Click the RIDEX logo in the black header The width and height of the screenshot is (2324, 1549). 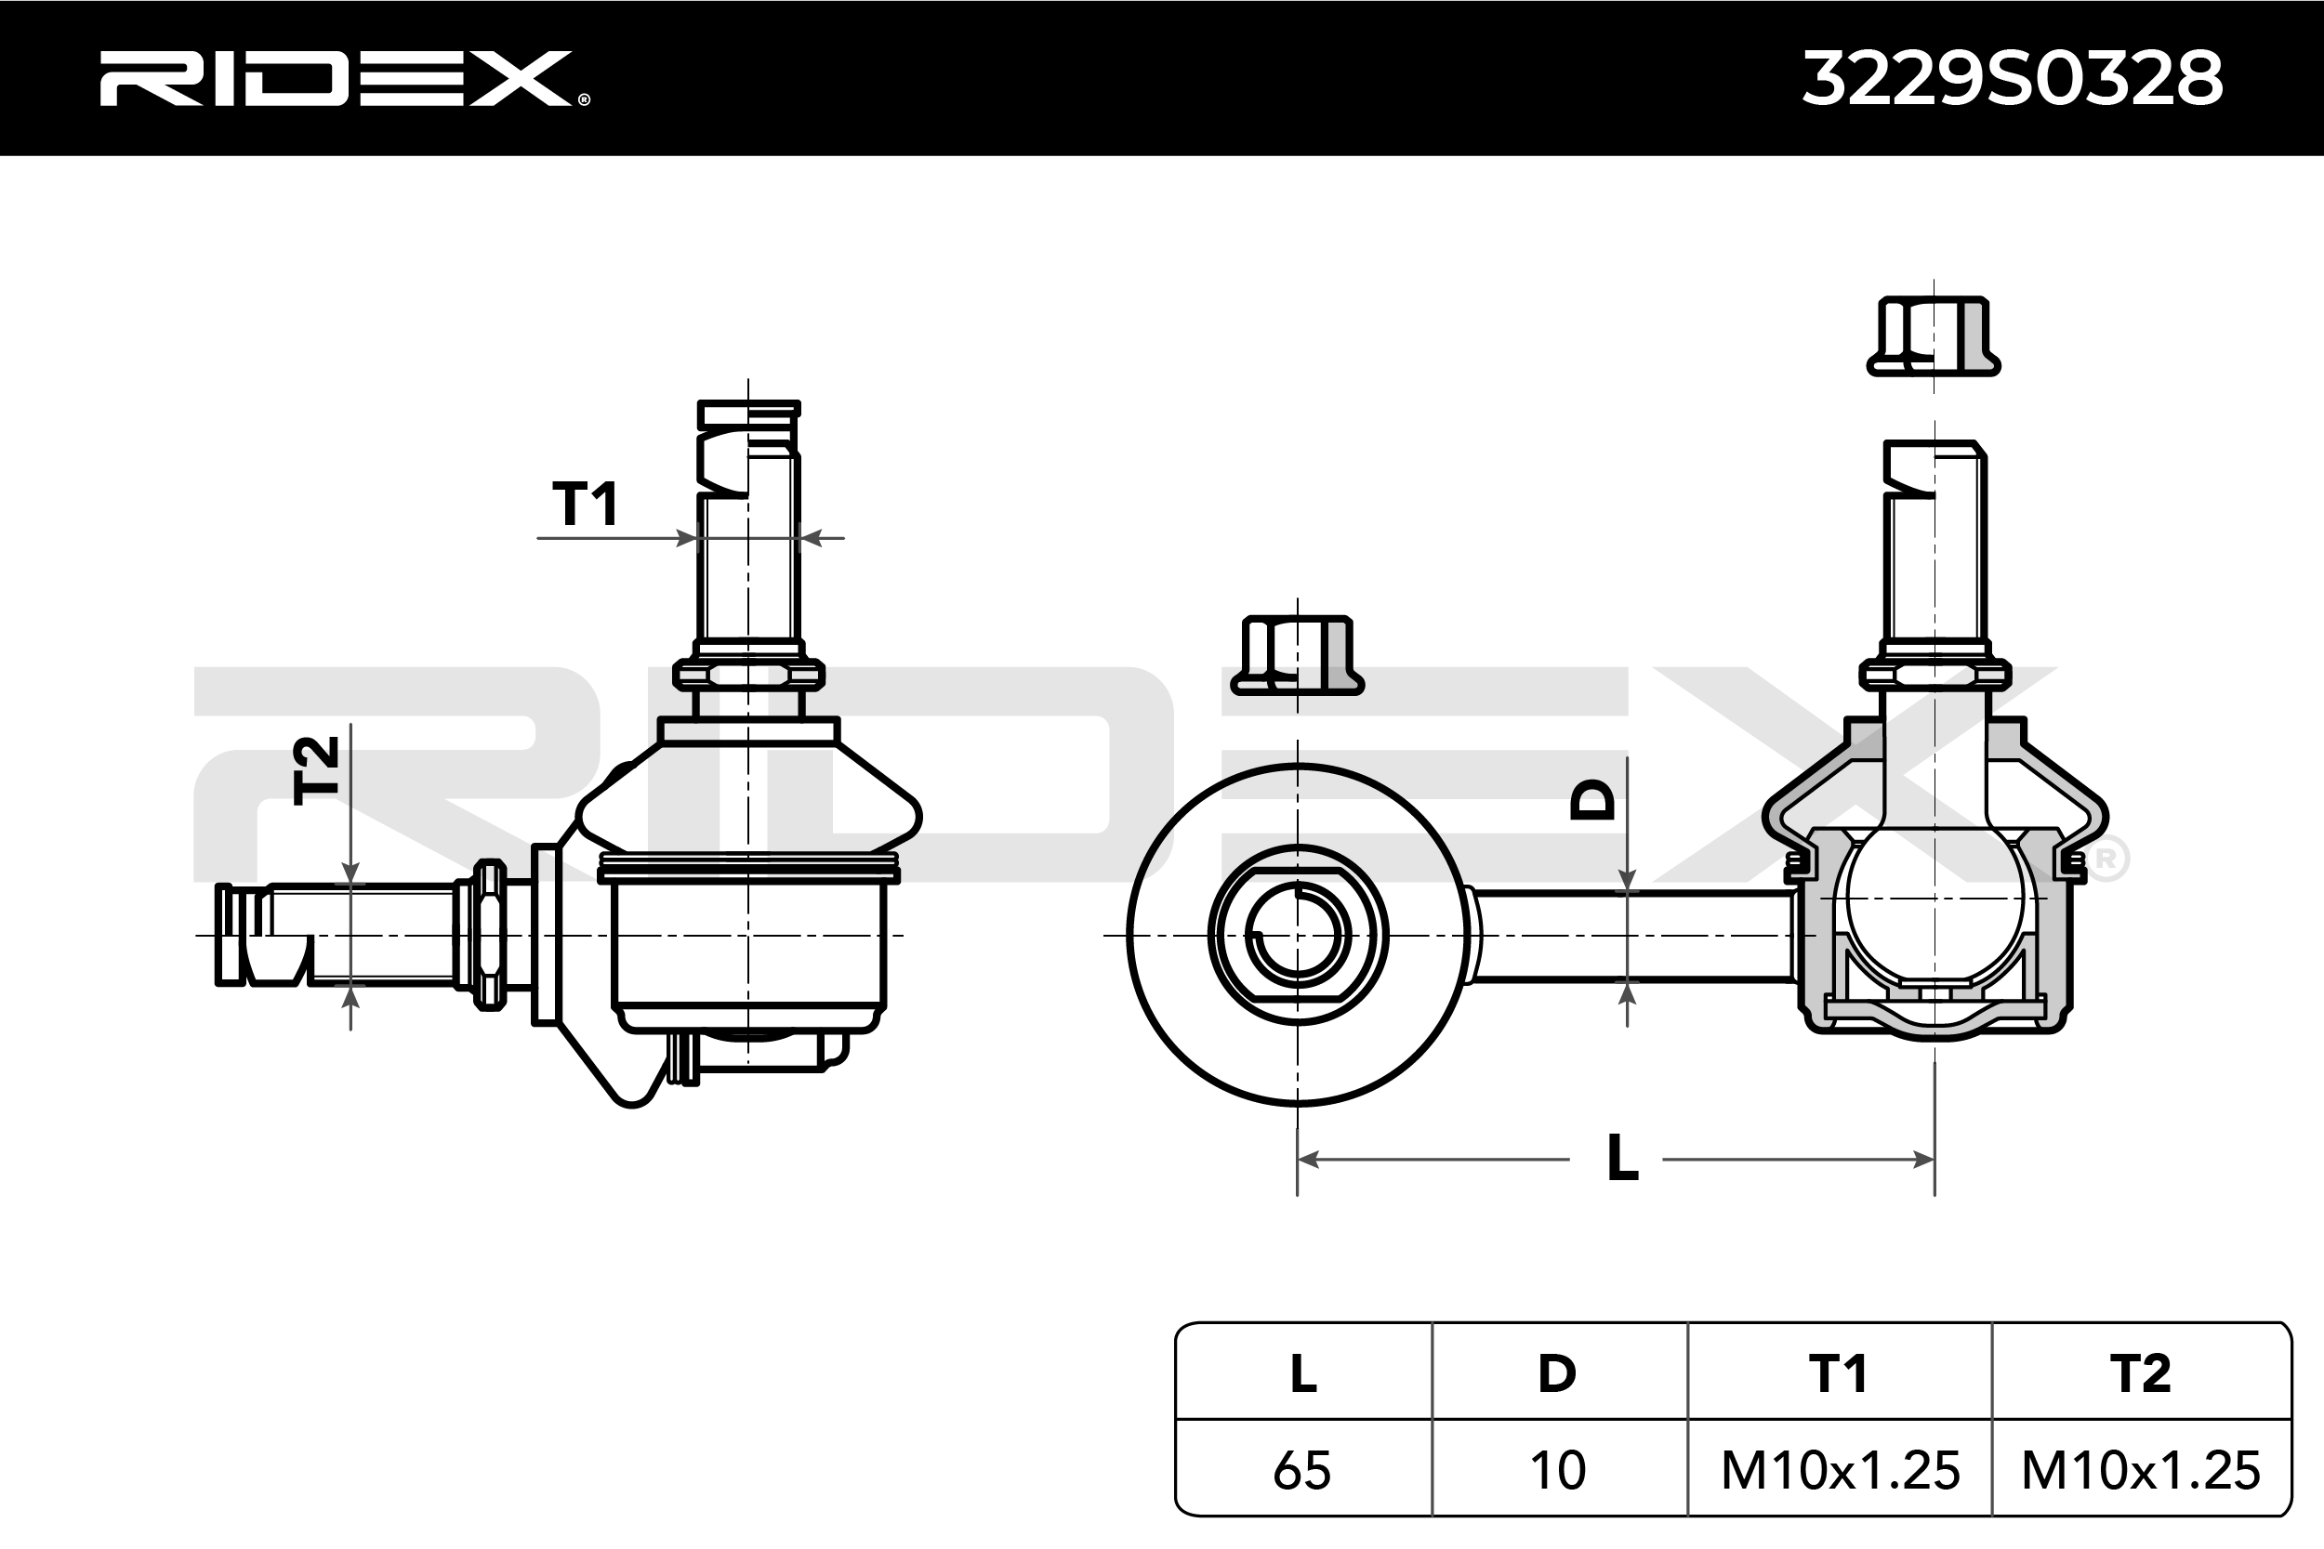pos(345,78)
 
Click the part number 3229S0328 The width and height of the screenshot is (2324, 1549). pos(2013,78)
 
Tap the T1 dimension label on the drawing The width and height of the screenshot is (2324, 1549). pos(585,504)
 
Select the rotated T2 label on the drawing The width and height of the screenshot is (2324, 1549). pos(317,769)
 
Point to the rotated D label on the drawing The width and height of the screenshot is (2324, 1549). pos(1591,799)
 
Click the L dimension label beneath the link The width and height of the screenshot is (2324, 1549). pos(1623,1157)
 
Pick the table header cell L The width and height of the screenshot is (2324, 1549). pos(1303,1373)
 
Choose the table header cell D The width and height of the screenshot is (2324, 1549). pos(1557,1373)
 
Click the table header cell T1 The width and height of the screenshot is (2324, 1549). pos(1838,1373)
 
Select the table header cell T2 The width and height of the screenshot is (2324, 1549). pos(2140,1373)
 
